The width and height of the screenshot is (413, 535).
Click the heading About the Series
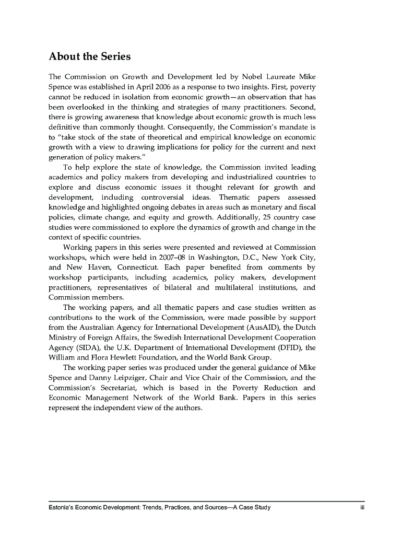click(x=89, y=56)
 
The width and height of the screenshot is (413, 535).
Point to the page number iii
click(x=361, y=507)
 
